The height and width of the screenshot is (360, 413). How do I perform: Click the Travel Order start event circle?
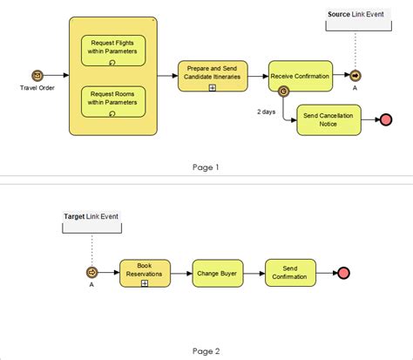[37, 76]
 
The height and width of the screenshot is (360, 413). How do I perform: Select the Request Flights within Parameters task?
[113, 51]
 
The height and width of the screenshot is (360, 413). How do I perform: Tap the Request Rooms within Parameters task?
[113, 101]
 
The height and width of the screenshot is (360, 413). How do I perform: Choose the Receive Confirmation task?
[300, 75]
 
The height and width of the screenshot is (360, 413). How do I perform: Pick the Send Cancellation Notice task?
[328, 119]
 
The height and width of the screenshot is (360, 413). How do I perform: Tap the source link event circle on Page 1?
[355, 76]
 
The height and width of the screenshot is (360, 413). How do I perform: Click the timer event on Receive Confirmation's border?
[283, 92]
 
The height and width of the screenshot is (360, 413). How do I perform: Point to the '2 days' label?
[267, 112]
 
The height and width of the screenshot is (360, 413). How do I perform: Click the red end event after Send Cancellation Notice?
[386, 119]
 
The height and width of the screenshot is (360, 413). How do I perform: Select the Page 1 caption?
[206, 167]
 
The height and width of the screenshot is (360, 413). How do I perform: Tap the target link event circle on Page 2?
[91, 273]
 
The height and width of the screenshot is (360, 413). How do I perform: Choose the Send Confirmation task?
[289, 273]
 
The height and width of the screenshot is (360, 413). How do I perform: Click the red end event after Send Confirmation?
[343, 273]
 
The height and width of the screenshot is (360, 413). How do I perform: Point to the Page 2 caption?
[206, 350]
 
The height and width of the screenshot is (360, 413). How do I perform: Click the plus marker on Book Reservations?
[145, 283]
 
